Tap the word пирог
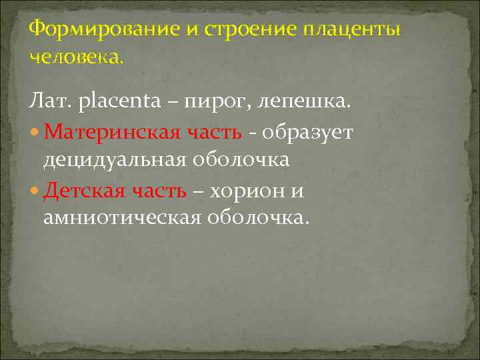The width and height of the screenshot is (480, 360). (214, 104)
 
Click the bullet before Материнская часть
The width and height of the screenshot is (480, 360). (35, 133)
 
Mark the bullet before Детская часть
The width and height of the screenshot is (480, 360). (35, 191)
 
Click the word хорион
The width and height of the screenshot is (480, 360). (245, 191)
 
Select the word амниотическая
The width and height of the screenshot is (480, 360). (123, 219)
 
